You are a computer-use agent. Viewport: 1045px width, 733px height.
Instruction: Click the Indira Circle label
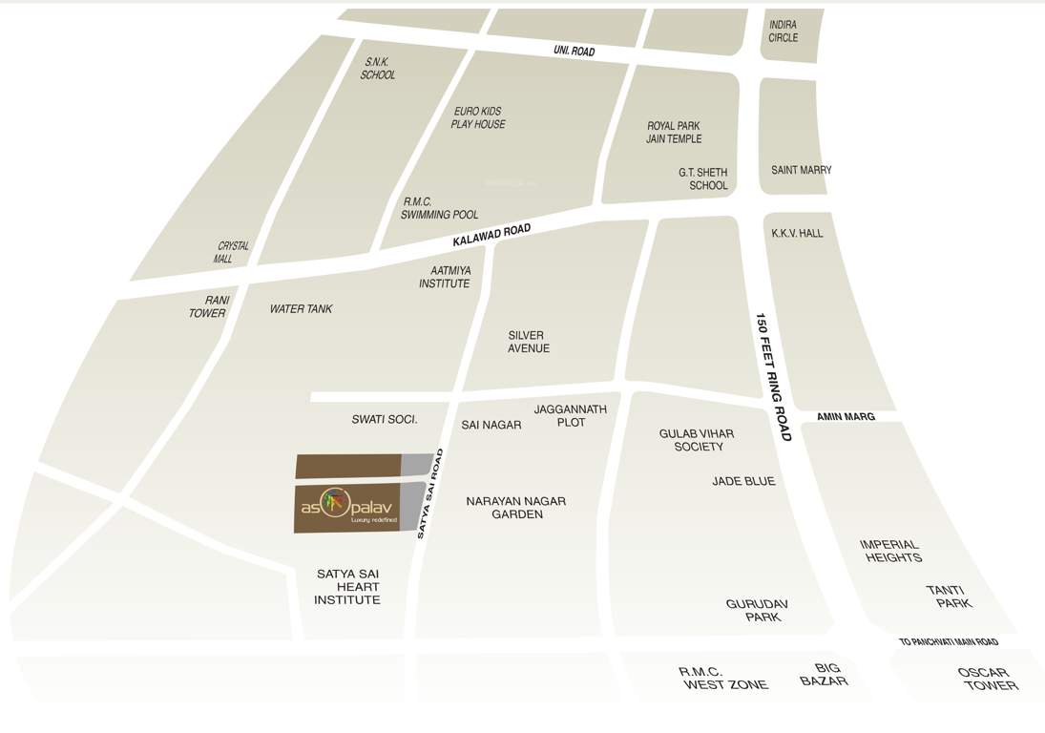(x=783, y=31)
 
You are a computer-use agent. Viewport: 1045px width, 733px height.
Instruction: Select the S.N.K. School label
(x=377, y=68)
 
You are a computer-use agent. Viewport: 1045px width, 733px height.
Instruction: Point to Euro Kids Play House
(x=478, y=117)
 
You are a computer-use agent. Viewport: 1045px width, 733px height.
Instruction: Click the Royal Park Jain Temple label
(x=674, y=133)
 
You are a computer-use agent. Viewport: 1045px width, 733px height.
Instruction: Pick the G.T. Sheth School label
(x=704, y=178)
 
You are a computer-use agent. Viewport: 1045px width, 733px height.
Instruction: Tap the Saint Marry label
(x=801, y=170)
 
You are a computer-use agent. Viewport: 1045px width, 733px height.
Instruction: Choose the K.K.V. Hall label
(x=797, y=233)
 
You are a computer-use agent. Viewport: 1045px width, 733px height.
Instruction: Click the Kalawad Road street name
(x=491, y=236)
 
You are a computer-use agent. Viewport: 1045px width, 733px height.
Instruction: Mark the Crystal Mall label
(x=230, y=252)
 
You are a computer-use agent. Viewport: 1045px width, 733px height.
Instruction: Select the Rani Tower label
(x=208, y=306)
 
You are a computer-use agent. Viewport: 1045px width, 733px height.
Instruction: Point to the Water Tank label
(x=301, y=309)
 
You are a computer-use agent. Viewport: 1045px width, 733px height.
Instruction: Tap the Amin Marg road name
(x=846, y=417)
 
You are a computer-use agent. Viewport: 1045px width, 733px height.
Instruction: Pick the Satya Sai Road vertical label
(x=430, y=493)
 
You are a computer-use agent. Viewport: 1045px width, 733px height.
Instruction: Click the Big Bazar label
(x=826, y=675)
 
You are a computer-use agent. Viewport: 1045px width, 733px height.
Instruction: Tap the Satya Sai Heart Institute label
(x=347, y=587)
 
